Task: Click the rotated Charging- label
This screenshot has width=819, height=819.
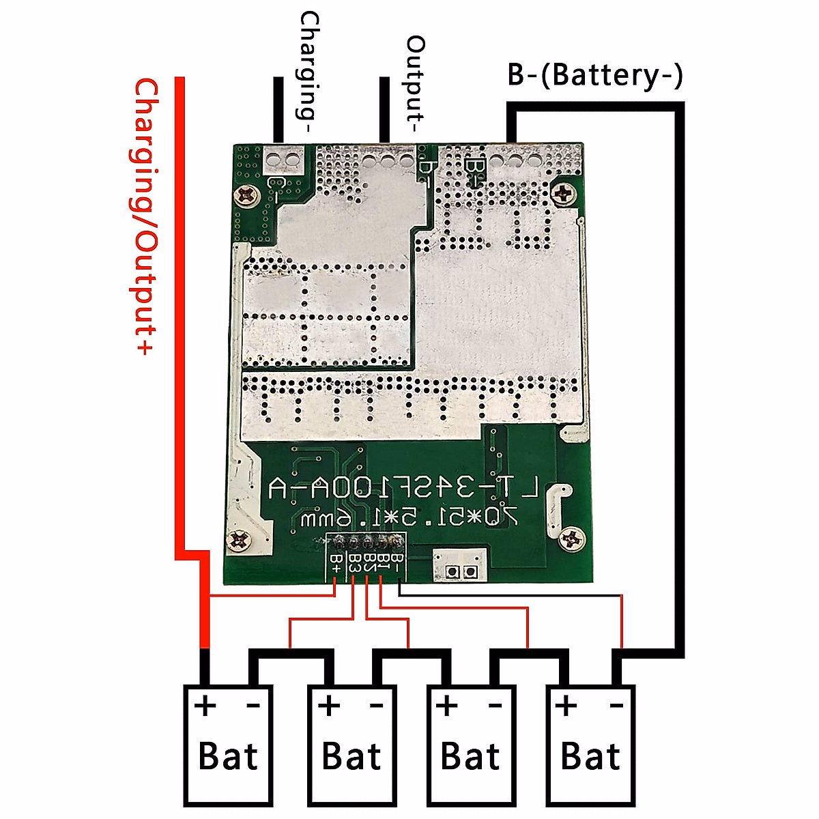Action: [x=308, y=72]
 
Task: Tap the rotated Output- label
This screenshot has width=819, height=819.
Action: [x=415, y=85]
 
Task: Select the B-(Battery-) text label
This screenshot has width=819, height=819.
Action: [x=594, y=74]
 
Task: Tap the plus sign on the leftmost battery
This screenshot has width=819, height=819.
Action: [x=205, y=705]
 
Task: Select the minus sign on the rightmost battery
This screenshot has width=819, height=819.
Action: [x=616, y=706]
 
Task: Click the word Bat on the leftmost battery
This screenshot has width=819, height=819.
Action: [x=228, y=756]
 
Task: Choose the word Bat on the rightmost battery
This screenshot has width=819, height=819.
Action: [x=590, y=756]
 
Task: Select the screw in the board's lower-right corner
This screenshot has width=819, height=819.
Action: [x=571, y=540]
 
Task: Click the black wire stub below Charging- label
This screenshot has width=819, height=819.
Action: [x=278, y=109]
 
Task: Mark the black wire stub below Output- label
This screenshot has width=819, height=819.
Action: [x=385, y=109]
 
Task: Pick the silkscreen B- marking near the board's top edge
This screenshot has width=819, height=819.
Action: [x=474, y=168]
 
